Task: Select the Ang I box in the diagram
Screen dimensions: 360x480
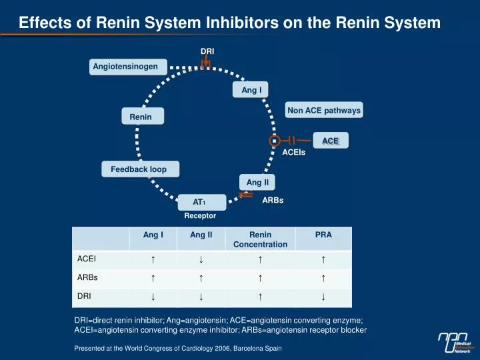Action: [251, 90]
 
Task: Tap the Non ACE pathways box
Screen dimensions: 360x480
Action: [324, 110]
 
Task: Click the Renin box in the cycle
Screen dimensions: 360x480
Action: [141, 117]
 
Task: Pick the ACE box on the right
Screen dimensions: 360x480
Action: [331, 141]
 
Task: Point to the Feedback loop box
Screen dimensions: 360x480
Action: [139, 170]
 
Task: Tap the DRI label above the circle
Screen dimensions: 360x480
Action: [207, 51]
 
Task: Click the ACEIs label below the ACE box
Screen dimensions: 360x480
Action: [294, 153]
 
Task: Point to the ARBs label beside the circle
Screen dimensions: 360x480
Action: [273, 200]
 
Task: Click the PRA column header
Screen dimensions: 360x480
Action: [323, 235]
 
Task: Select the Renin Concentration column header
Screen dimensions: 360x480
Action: [260, 239]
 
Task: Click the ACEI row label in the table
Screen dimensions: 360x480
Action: [87, 259]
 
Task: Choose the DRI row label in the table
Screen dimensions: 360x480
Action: [84, 295]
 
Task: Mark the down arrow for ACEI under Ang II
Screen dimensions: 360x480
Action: [201, 259]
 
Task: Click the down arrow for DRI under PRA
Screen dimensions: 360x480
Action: [323, 296]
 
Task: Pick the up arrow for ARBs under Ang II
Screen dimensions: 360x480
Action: [201, 277]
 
